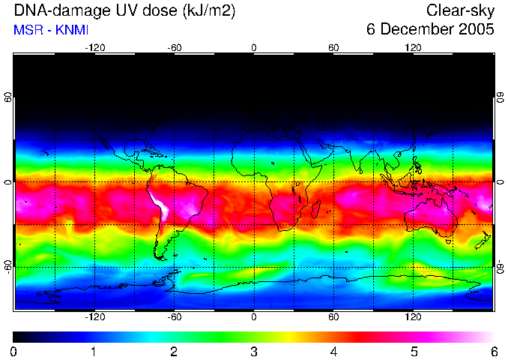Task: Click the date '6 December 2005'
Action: pos(430,30)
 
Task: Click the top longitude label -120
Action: pos(94,48)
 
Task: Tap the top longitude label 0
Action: pos(254,48)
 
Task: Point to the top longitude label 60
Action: pos(333,48)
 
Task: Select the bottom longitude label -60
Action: pos(175,317)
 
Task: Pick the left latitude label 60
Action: pos(7,98)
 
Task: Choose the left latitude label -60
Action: pos(7,266)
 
